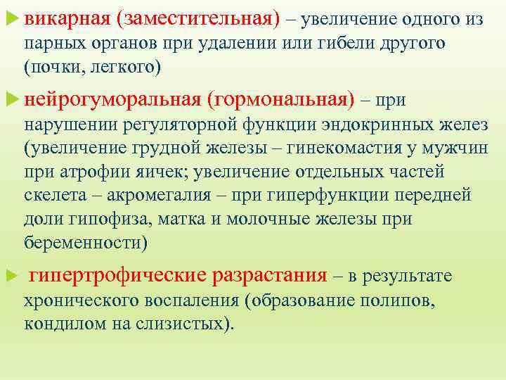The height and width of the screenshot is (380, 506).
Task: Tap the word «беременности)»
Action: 86,242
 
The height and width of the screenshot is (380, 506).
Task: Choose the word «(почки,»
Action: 48,67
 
